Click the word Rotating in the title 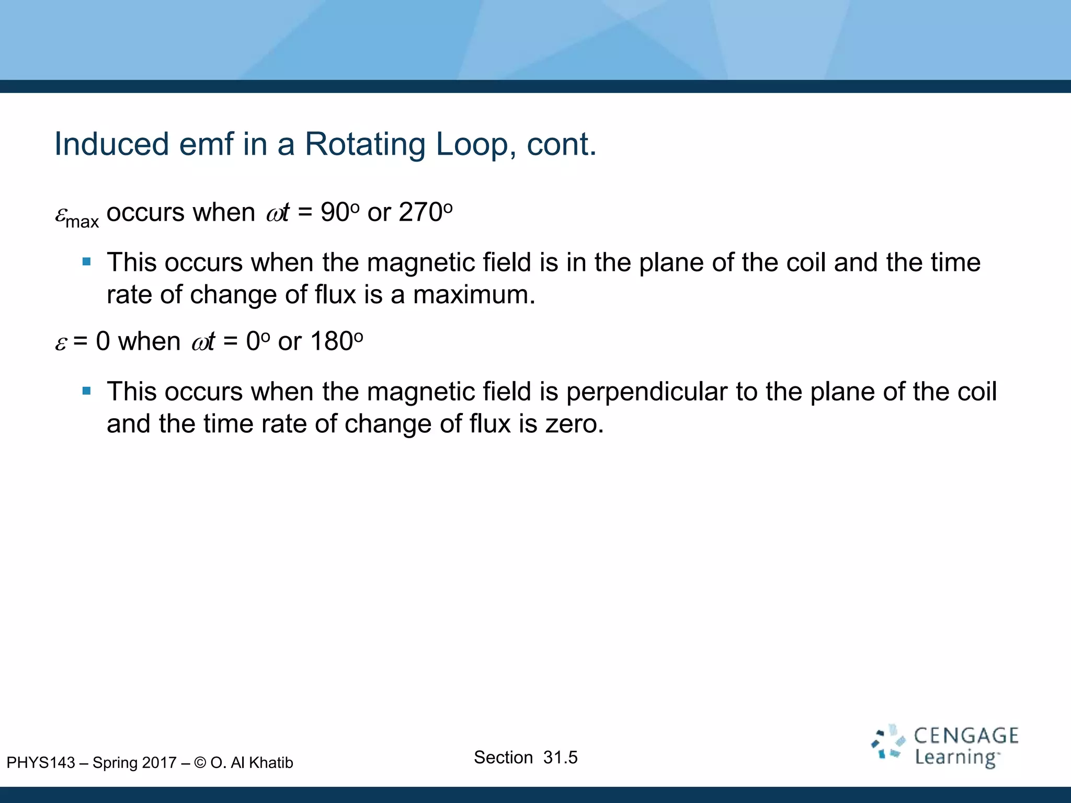pos(364,144)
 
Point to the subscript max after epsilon pos(82,222)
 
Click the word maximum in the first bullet pos(474,295)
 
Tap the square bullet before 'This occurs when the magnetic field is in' pos(87,261)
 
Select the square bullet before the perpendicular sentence pos(87,391)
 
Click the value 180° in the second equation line pos(336,341)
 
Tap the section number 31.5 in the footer pos(560,757)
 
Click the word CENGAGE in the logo pos(966,736)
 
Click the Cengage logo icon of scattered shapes pos(888,742)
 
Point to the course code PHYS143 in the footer pos(41,763)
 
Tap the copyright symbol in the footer pos(200,763)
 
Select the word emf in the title pos(206,144)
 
